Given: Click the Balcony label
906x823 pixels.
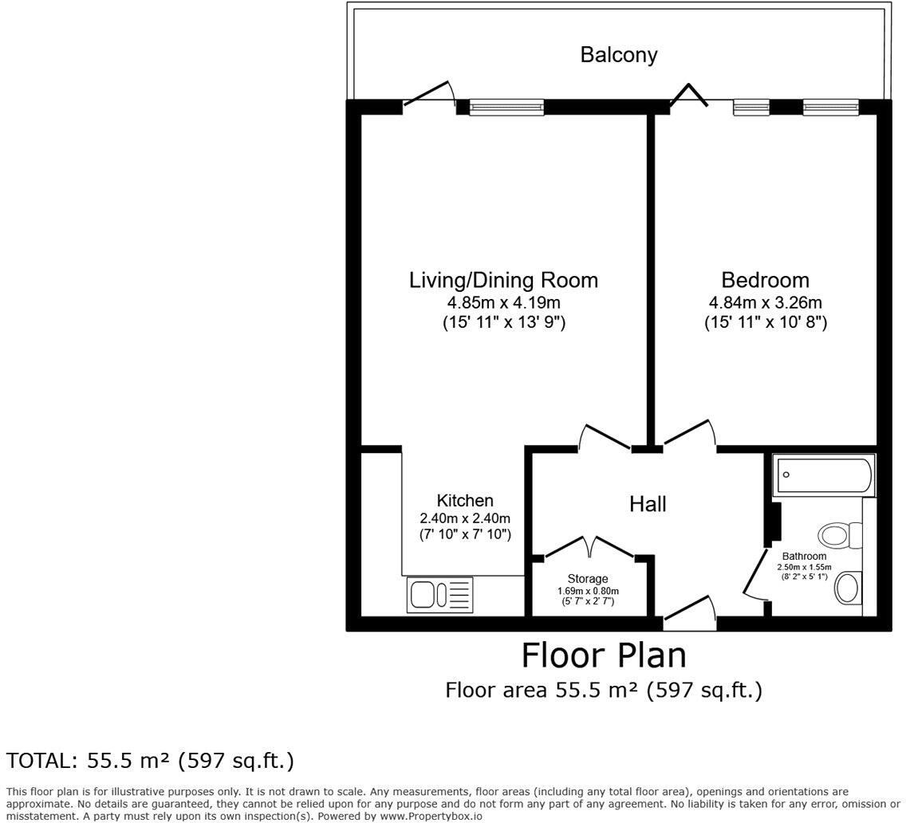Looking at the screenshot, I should coord(618,55).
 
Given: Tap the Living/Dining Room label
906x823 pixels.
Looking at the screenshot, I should coord(503,281).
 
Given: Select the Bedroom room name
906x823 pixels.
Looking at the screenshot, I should coord(765,281).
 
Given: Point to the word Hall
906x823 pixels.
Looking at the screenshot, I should coord(647,504).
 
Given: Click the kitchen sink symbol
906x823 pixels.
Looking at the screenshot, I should coord(439,595).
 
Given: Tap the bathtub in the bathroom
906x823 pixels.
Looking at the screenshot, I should coord(824,475).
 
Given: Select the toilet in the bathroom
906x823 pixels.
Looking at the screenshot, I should coord(841,534).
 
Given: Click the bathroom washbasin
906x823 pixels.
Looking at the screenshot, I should coord(848,589).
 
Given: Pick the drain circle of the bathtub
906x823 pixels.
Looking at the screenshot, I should coord(786,475).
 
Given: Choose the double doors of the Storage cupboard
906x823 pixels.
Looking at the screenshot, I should coord(590,547).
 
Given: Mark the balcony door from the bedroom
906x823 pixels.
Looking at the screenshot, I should coord(687,96).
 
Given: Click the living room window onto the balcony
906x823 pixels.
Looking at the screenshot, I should coord(506,107).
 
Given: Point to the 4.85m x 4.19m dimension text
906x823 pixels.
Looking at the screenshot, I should coord(503,303).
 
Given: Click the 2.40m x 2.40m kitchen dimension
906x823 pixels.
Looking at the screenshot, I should coord(465,518).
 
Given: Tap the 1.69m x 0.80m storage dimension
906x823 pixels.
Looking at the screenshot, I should coord(588,591).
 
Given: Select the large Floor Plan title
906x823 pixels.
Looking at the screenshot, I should coord(604,656).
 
